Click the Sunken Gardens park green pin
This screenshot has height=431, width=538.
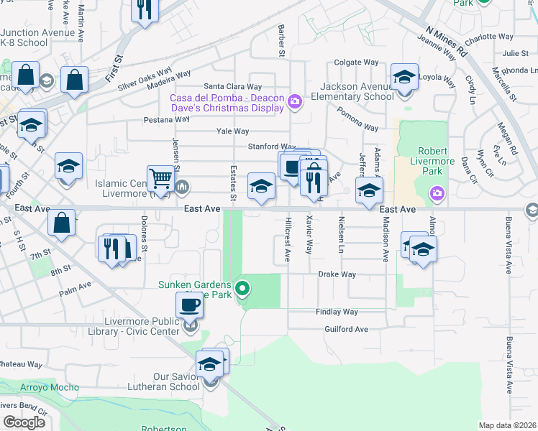[x=243, y=289]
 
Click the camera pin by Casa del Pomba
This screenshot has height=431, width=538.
[x=294, y=102]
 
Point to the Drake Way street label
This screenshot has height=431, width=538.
[x=337, y=274]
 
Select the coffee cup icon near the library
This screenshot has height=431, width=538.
[x=189, y=305]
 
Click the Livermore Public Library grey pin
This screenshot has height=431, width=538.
[x=191, y=327]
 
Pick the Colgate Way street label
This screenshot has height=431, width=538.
[x=356, y=62]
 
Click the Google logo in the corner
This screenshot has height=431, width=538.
[x=24, y=422]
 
